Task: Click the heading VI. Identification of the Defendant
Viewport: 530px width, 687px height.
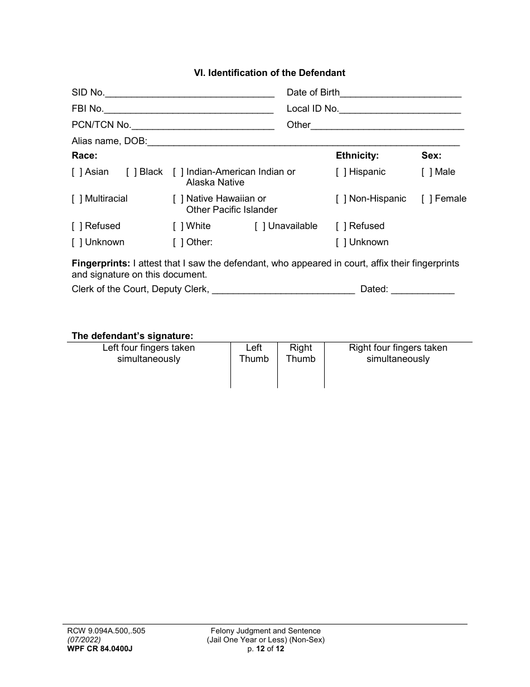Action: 269,73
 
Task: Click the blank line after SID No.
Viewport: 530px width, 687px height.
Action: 190,93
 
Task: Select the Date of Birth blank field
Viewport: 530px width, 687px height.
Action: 400,93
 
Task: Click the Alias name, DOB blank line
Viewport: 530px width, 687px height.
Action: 305,142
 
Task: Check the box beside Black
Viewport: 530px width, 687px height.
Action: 132,172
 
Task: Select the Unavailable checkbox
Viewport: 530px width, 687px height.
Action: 260,226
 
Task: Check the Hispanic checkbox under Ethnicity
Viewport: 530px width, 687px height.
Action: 341,172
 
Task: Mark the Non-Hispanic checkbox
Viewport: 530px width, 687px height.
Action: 341,199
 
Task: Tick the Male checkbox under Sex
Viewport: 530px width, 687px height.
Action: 427,172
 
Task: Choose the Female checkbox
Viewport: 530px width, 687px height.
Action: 427,199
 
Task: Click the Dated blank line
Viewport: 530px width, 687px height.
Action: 423,290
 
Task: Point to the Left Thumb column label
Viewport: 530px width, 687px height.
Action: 254,354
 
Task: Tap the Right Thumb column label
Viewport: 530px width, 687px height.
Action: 301,354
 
